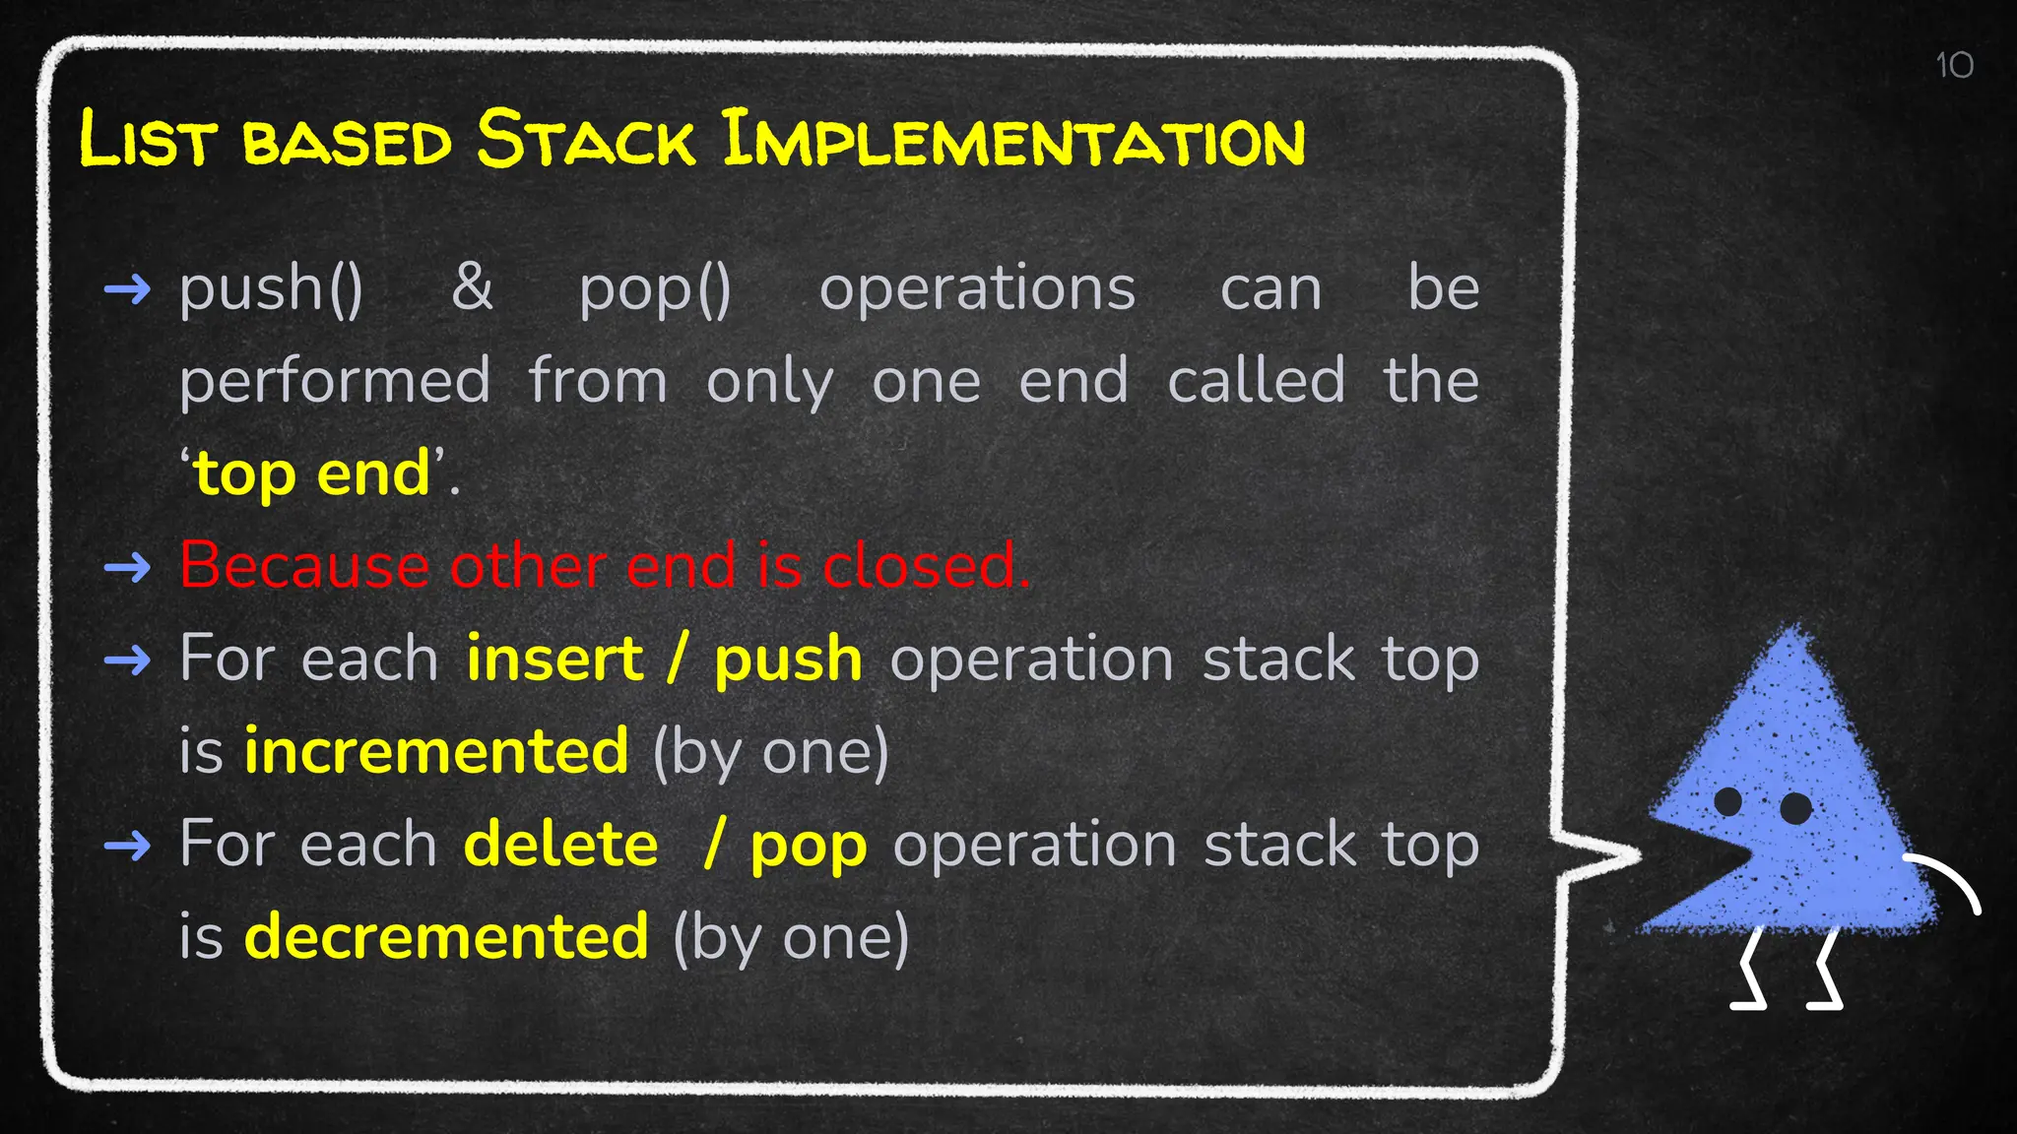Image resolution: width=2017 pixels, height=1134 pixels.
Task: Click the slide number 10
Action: pos(1954,66)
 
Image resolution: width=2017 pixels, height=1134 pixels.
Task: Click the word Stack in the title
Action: pos(587,140)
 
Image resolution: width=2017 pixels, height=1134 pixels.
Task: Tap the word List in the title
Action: pos(146,140)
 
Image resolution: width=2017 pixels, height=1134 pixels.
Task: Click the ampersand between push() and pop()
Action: pos(472,287)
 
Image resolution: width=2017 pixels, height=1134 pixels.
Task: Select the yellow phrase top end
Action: pos(312,474)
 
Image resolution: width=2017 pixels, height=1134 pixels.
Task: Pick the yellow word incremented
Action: pos(436,751)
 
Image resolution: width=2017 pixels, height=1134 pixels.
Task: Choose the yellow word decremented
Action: pos(446,936)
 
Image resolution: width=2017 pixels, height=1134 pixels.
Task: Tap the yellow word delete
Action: pos(560,845)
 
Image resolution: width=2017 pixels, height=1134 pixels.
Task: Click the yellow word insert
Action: pos(554,659)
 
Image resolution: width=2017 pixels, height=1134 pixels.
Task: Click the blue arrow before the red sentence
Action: pos(127,567)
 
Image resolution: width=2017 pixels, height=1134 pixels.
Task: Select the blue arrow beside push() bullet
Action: pos(127,289)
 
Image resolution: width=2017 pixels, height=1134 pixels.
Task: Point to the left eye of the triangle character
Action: pos(1727,801)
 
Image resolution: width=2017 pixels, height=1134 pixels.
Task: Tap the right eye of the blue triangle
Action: pos(1795,808)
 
